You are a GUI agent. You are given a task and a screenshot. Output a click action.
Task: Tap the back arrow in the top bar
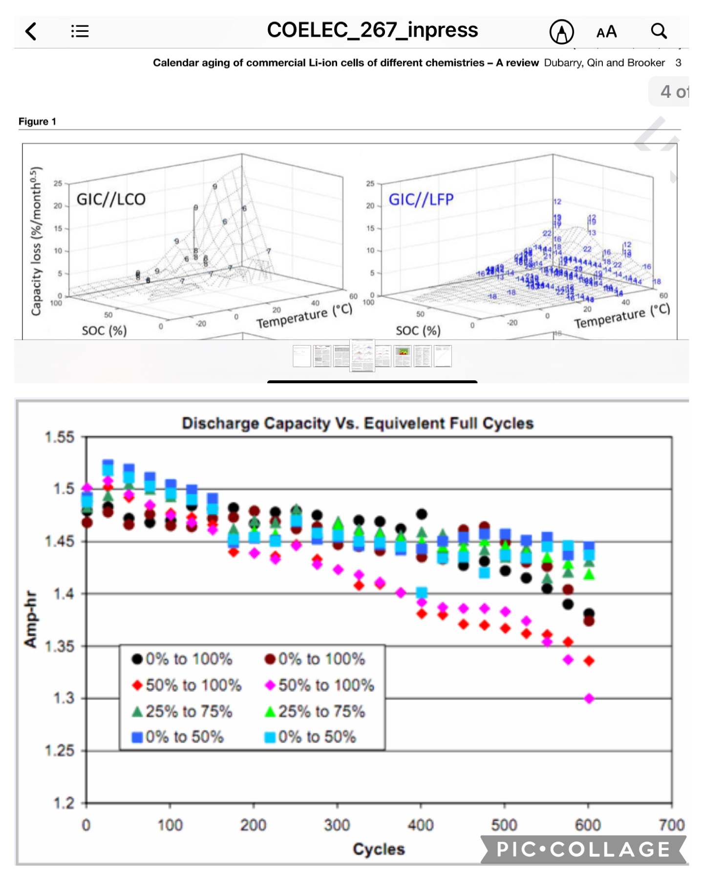(x=31, y=31)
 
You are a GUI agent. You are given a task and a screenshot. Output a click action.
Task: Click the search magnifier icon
(x=659, y=31)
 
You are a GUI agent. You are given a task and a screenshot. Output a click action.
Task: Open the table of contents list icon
(x=80, y=31)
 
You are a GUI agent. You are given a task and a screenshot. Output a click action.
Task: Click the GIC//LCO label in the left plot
(x=111, y=199)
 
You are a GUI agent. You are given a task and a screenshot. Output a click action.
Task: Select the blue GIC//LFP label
(x=421, y=199)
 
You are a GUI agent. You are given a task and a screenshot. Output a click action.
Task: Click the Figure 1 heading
(x=37, y=121)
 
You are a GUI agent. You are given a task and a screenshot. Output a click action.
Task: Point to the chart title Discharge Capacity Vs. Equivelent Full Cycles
(x=357, y=423)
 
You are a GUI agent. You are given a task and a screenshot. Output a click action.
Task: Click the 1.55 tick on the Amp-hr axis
(x=60, y=437)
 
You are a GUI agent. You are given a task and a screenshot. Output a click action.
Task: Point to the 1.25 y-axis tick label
(x=60, y=750)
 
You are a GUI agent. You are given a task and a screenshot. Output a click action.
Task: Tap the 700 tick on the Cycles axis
(x=671, y=825)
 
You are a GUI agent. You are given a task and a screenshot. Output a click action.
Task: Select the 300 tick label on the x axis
(x=337, y=825)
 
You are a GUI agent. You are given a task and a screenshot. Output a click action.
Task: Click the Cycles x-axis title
(x=379, y=849)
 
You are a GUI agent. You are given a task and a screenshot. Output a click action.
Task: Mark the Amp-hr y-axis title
(x=30, y=619)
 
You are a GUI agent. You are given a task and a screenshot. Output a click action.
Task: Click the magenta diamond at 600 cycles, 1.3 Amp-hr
(x=589, y=699)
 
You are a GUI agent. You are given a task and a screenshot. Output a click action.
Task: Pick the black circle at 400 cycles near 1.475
(x=422, y=514)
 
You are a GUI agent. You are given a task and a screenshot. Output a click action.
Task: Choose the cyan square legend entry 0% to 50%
(x=311, y=737)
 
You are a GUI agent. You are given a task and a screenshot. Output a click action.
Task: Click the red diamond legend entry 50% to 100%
(x=187, y=685)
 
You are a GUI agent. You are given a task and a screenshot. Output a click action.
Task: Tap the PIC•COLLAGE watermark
(x=583, y=849)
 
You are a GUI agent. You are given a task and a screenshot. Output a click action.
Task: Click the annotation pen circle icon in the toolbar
(x=561, y=32)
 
